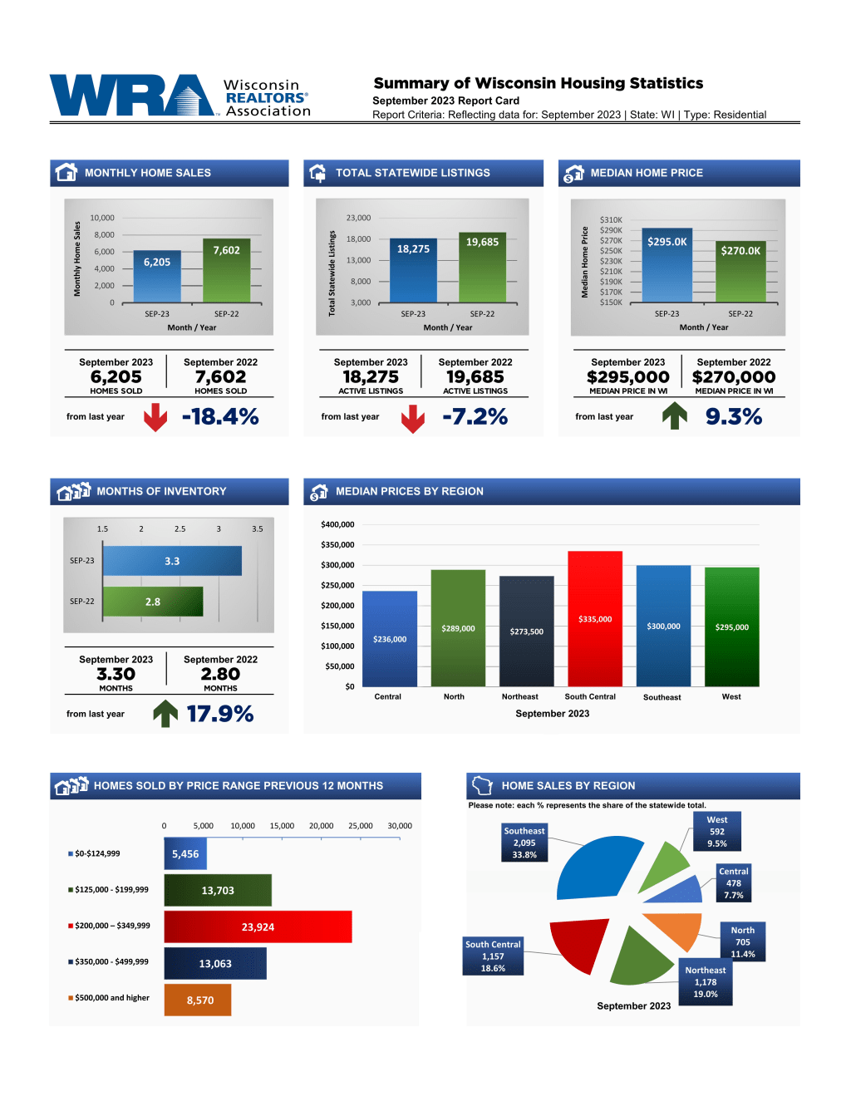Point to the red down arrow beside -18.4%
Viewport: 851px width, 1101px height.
155,417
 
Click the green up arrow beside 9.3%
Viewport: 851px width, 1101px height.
675,415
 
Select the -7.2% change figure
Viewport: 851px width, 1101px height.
475,416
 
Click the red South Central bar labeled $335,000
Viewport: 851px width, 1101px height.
595,618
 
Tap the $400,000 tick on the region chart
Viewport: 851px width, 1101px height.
337,524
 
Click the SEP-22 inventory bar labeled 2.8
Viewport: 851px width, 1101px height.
153,602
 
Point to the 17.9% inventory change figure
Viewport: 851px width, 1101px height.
219,714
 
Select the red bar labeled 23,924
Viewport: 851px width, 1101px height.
258,927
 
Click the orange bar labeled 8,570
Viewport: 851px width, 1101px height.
198,1000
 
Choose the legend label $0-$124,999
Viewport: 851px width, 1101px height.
97,853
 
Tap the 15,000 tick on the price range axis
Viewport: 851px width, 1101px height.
282,826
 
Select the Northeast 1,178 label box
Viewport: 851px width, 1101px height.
706,982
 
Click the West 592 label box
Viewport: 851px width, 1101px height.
716,832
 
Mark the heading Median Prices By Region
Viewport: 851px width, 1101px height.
409,491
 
